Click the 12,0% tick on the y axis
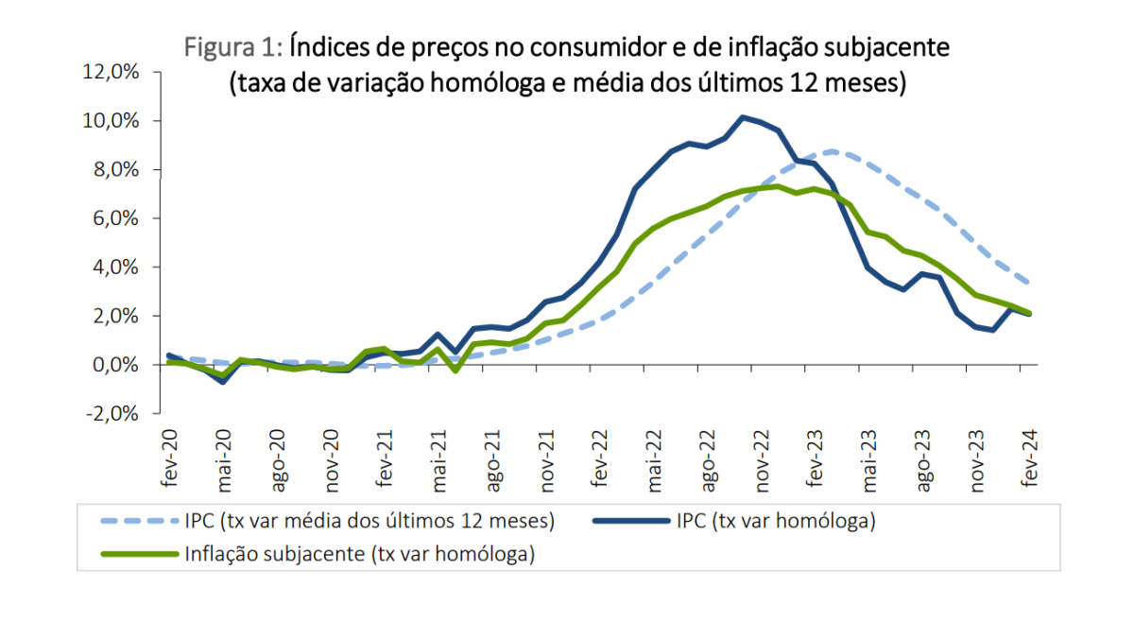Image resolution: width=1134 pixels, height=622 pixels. (x=112, y=72)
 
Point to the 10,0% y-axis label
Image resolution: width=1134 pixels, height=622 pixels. (x=112, y=121)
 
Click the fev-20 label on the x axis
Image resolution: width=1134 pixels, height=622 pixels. (x=169, y=458)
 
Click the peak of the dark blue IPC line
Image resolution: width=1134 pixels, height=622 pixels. (x=743, y=117)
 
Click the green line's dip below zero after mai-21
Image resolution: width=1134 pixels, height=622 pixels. (x=455, y=371)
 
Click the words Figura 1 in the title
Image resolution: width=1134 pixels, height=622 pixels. (x=232, y=45)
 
